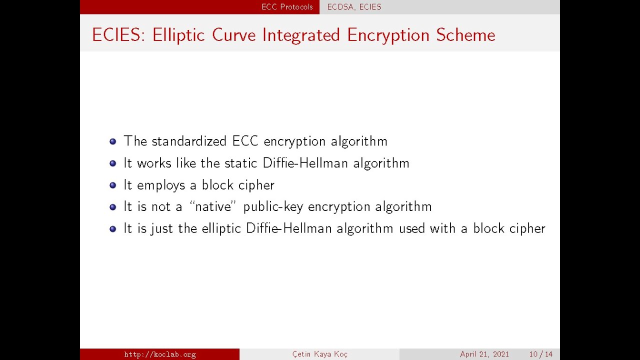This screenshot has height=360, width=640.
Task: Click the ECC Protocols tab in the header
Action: pos(287,7)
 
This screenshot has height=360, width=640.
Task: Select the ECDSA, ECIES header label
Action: pos(354,7)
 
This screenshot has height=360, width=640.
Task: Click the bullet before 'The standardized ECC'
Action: pos(112,141)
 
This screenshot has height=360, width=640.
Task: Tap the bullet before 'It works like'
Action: pos(112,163)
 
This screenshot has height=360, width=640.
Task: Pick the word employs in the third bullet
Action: pos(161,185)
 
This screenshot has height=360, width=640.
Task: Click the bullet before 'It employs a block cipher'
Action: pos(112,185)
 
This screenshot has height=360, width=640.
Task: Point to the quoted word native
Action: pos(212,207)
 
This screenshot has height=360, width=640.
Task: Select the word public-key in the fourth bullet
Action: pos(273,207)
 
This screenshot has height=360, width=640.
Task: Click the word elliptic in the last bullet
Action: pos(221,228)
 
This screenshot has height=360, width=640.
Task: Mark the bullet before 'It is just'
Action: pos(112,229)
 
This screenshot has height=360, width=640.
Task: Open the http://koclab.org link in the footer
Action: pos(160,354)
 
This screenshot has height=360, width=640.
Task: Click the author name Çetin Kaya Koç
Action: pos(320,354)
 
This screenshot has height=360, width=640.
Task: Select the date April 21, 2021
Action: pos(484,354)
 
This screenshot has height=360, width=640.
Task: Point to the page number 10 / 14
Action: pos(540,354)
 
